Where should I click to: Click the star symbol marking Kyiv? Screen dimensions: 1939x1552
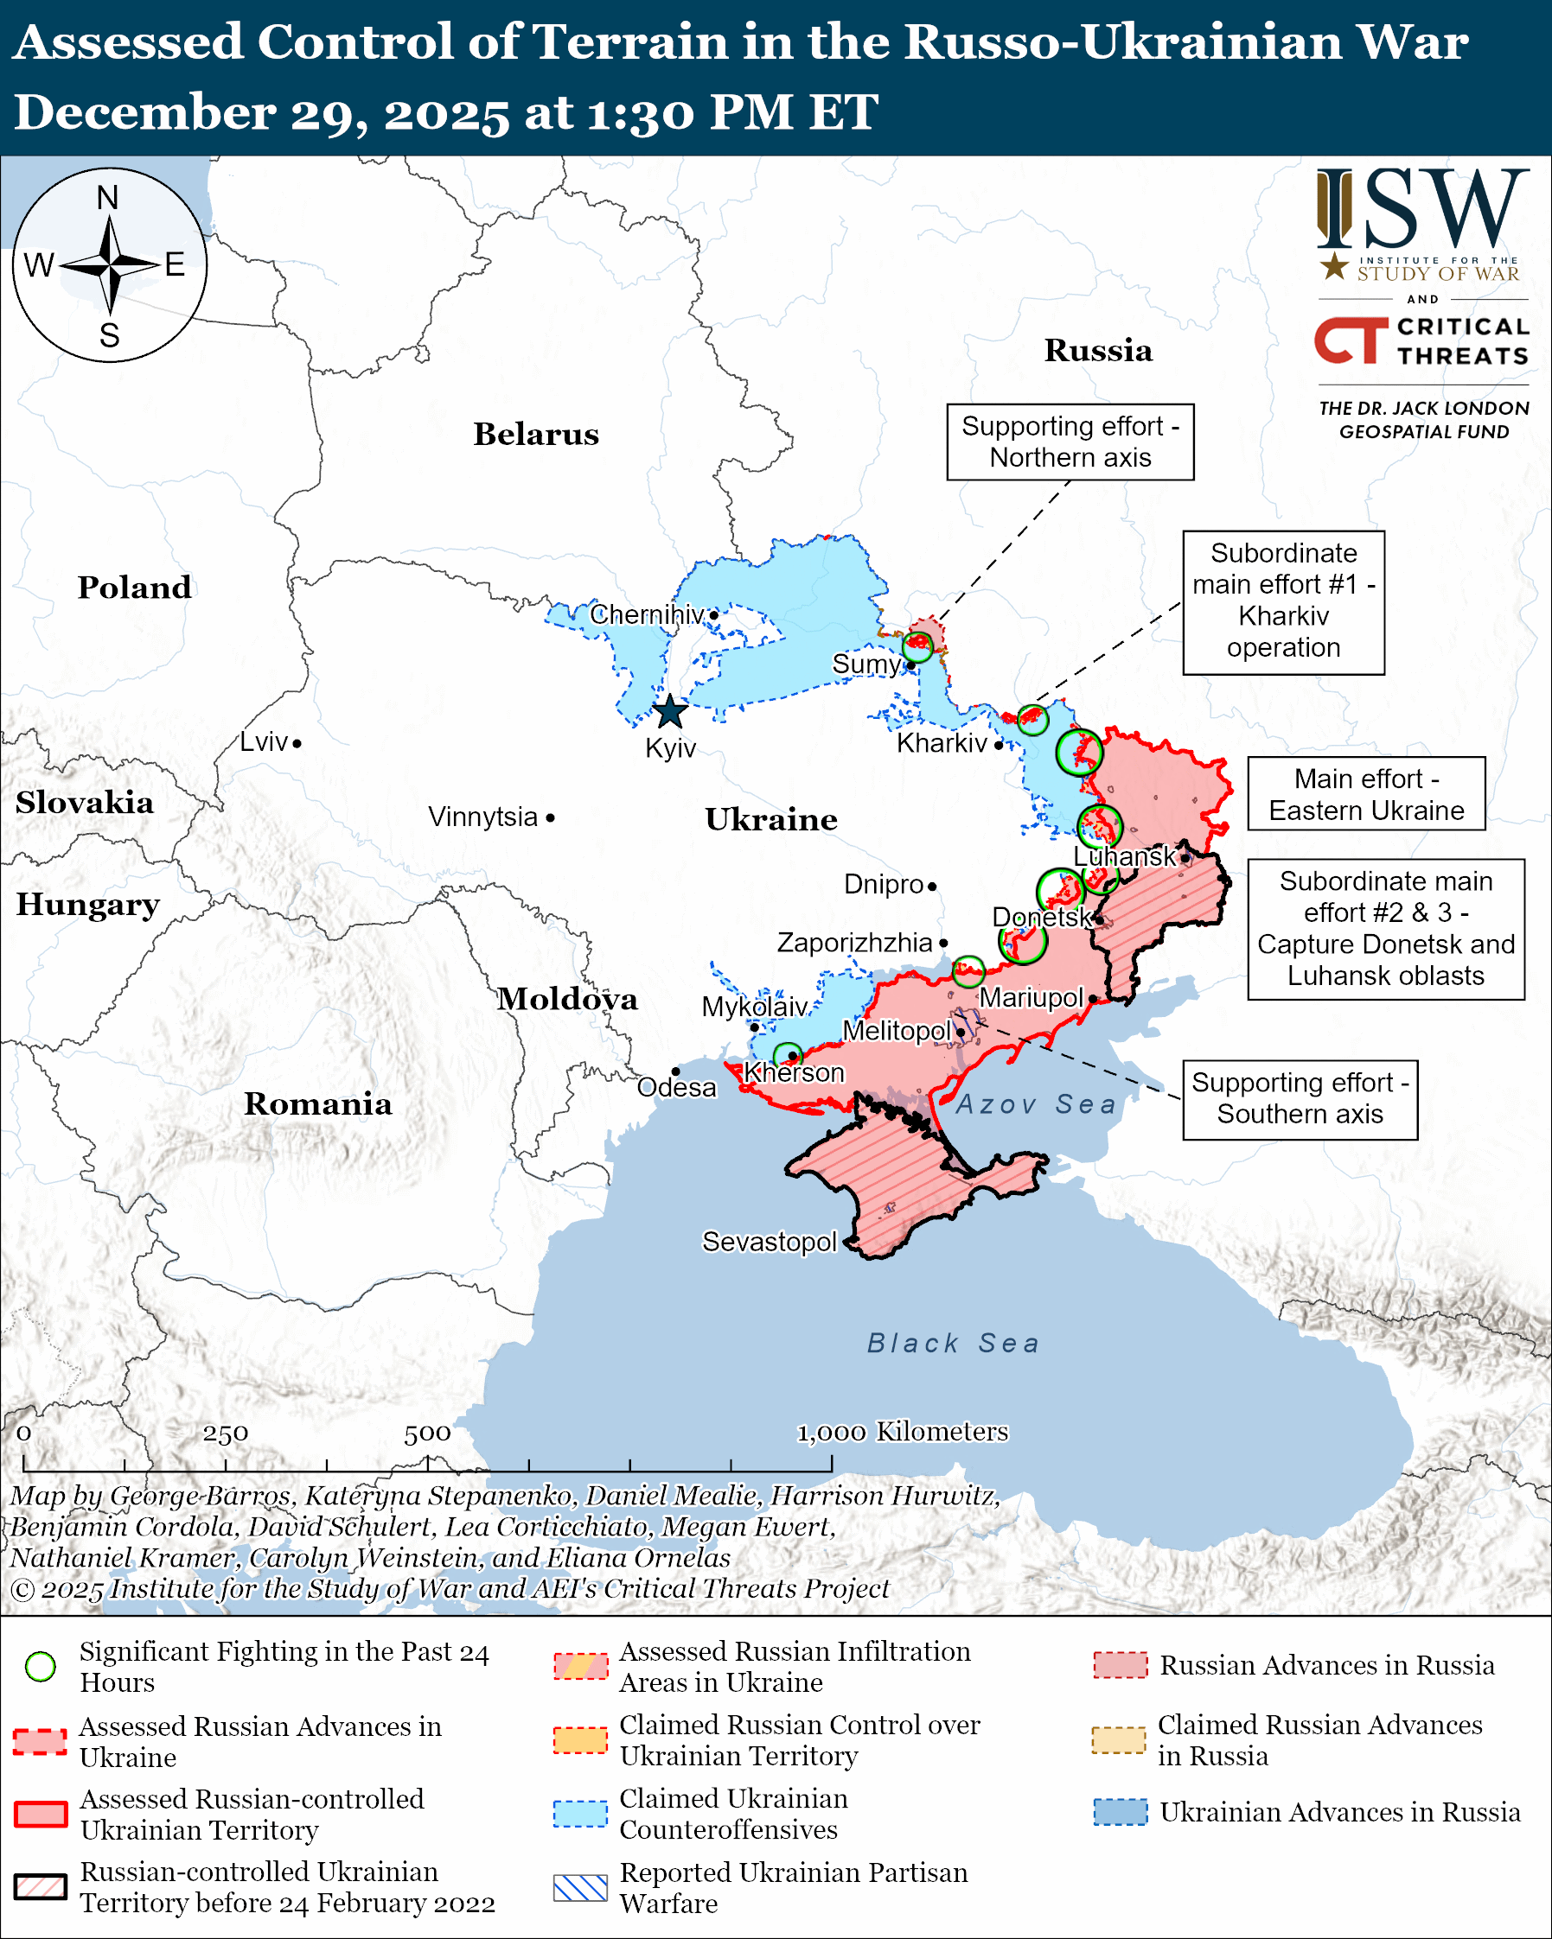click(x=670, y=712)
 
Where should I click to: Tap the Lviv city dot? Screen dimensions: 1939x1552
click(x=297, y=743)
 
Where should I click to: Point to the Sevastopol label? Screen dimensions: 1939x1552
click(x=770, y=1241)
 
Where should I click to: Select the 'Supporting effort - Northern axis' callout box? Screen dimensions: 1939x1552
click(x=1070, y=442)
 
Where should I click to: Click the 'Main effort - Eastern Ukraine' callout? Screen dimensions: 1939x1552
click(x=1366, y=793)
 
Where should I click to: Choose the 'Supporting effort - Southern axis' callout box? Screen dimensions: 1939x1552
click(x=1300, y=1099)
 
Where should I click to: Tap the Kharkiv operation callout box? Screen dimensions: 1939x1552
click(x=1283, y=601)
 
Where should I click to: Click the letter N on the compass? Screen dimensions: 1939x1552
click(x=108, y=198)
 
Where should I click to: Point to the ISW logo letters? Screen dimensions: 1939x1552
click(x=1421, y=210)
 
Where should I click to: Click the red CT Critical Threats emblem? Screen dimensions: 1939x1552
click(x=1351, y=340)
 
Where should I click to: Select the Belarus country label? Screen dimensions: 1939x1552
click(x=536, y=435)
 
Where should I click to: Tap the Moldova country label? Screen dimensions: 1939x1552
click(x=568, y=999)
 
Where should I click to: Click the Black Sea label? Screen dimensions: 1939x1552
click(x=953, y=1344)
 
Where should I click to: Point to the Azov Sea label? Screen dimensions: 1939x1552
click(x=1036, y=1104)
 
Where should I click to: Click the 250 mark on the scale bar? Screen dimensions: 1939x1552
click(x=225, y=1433)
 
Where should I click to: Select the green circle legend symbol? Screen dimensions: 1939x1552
click(x=41, y=1667)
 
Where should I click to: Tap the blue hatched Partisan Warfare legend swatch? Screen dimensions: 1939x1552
click(x=580, y=1887)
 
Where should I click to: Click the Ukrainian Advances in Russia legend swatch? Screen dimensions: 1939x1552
click(x=1121, y=1811)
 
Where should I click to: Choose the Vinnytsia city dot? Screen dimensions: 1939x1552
click(x=551, y=817)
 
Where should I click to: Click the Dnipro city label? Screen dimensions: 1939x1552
click(x=884, y=884)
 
